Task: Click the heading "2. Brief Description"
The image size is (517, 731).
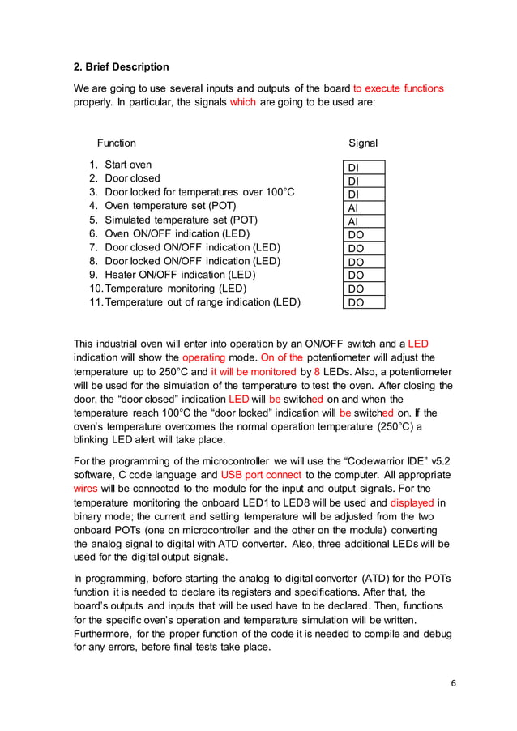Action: [x=121, y=66]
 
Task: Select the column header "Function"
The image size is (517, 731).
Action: [x=117, y=143]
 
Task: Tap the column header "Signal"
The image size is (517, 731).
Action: [x=363, y=143]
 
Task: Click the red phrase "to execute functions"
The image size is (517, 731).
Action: [x=398, y=88]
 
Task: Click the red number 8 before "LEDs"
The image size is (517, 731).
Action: [x=317, y=371]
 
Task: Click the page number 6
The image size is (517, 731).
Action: [x=454, y=683]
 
